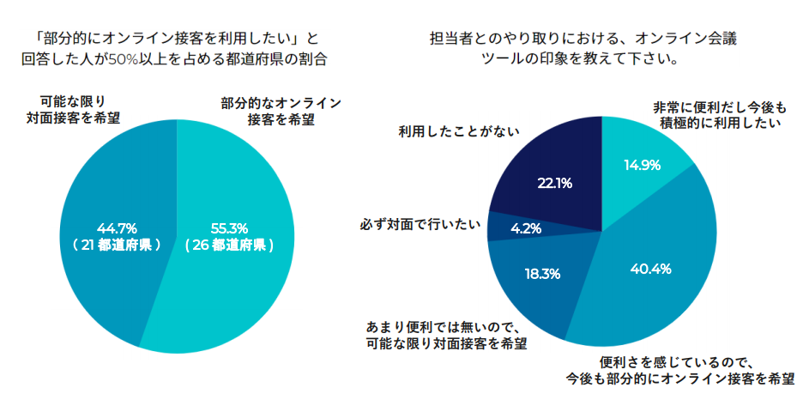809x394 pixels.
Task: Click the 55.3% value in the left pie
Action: (x=229, y=227)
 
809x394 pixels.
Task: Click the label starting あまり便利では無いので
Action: (x=446, y=335)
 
